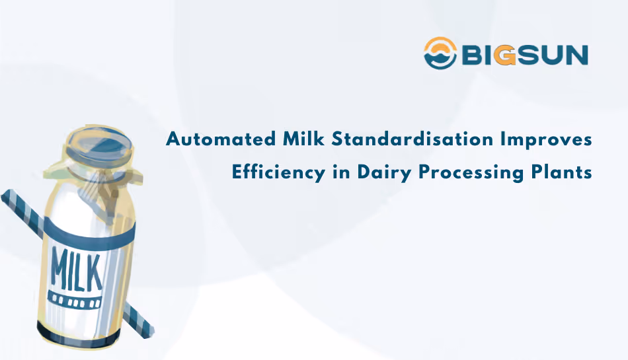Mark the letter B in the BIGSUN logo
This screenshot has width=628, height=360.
click(x=471, y=54)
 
